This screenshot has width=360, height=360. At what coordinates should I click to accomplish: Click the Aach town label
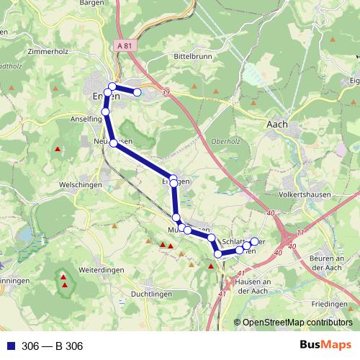(277, 124)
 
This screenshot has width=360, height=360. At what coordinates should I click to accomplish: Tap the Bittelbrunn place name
(188, 54)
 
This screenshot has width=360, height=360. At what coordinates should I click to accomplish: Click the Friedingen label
(336, 305)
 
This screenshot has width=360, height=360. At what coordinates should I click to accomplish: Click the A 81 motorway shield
(124, 45)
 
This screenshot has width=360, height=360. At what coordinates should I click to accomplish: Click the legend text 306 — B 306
(53, 346)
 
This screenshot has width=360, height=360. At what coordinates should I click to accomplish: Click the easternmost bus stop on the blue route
(254, 241)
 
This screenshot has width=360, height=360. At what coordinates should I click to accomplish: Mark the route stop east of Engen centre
(137, 92)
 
